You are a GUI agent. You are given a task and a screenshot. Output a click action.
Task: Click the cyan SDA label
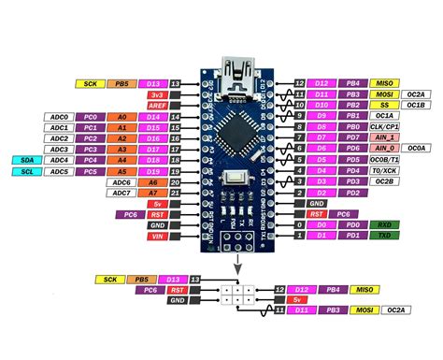click(x=26, y=160)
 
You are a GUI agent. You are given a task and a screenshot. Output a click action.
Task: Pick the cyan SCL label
click(x=26, y=171)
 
